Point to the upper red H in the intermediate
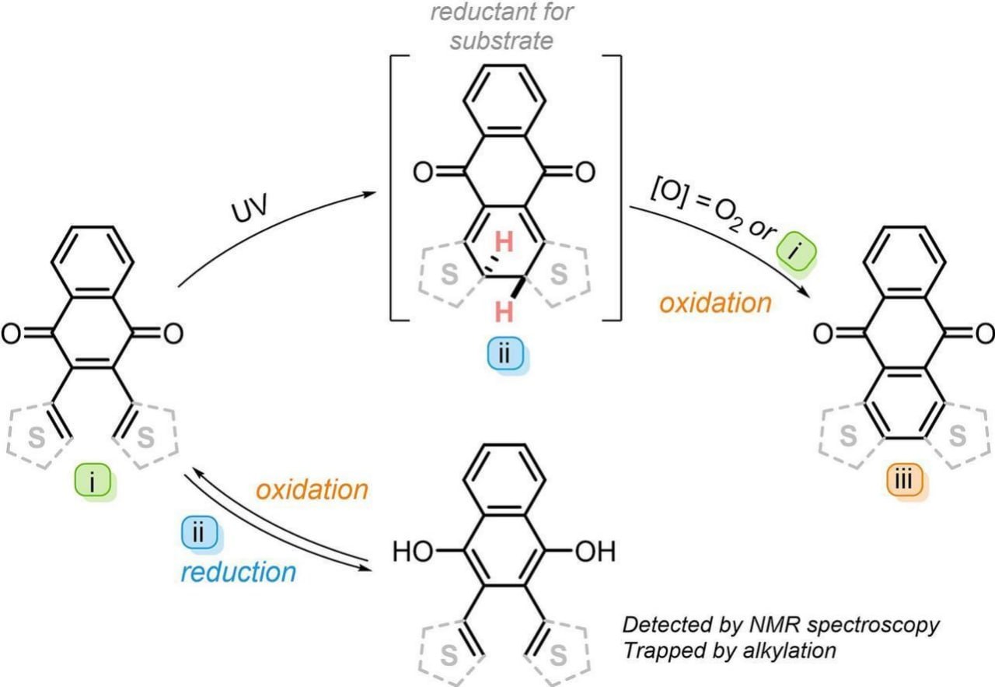tap(504, 244)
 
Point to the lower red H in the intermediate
tap(504, 313)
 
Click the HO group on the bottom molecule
tap(413, 553)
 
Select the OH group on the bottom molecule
tap(595, 553)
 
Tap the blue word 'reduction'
tap(239, 572)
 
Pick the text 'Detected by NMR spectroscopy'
tap(781, 625)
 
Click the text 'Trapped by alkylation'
tap(729, 650)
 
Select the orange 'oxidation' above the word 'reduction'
tap(312, 490)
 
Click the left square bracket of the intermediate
tap(395, 187)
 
